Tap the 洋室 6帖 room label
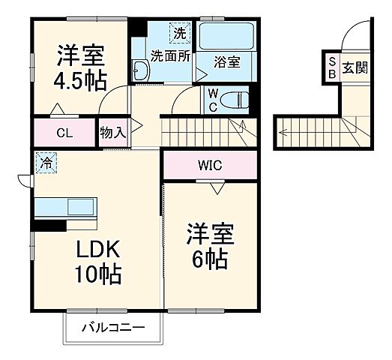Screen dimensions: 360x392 (x=211, y=247)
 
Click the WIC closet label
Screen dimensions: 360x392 (x=210, y=165)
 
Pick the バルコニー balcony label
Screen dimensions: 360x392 (x=112, y=328)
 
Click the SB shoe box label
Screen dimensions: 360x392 (x=331, y=68)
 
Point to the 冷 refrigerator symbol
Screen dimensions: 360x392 (x=46, y=161)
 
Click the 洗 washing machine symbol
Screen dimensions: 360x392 (x=180, y=33)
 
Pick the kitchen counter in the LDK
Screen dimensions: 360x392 (x=66, y=206)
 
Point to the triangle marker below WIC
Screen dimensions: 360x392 (x=217, y=189)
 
